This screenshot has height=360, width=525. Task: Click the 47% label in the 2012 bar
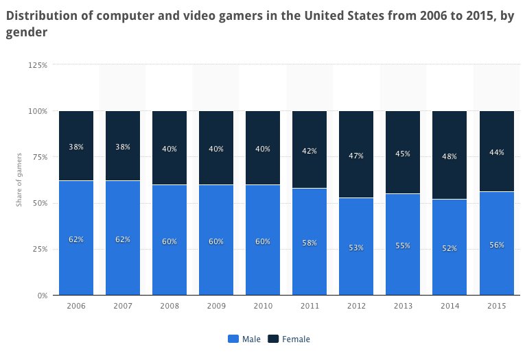pyautogui.click(x=355, y=156)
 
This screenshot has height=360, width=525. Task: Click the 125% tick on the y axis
pyautogui.click(x=38, y=65)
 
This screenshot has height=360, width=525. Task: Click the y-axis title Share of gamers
pyautogui.click(x=20, y=180)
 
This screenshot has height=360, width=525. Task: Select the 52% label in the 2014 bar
pyautogui.click(x=449, y=248)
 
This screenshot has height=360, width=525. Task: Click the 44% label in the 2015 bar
pyautogui.click(x=495, y=152)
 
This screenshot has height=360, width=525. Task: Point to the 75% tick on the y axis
pyautogui.click(x=39, y=157)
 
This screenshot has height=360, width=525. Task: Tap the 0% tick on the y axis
pyautogui.click(x=41, y=296)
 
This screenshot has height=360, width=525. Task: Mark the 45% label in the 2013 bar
pyautogui.click(x=402, y=154)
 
